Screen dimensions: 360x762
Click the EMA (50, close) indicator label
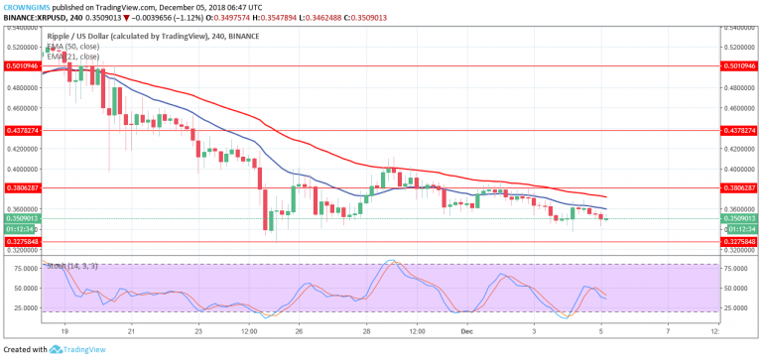pyautogui.click(x=75, y=48)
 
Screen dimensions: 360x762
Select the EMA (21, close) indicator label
pyautogui.click(x=75, y=57)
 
